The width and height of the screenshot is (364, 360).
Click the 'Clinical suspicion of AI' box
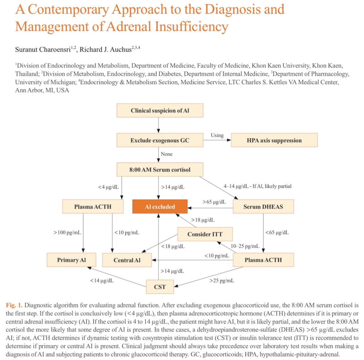coord(160,110)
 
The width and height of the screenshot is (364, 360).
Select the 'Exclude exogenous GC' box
coord(160,140)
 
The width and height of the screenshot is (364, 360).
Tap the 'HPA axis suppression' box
coord(274,140)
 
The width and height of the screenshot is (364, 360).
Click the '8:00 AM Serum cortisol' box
coord(160,170)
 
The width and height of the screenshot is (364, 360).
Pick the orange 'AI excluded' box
coord(160,207)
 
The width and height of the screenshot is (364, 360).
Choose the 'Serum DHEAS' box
coord(263,207)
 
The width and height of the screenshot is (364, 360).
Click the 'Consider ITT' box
coord(205,234)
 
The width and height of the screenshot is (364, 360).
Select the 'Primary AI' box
coord(71,260)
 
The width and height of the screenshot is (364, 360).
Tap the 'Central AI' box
coord(127,260)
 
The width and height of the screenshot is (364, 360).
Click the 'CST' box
coord(160,287)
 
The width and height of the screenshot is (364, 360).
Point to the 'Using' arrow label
coord(217,135)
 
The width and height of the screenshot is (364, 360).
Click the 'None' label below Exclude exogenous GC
coord(167,154)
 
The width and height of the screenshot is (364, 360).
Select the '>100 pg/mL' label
coord(67,233)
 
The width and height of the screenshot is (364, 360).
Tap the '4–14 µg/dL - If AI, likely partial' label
coord(258,186)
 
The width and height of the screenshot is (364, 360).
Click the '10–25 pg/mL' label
coord(245,246)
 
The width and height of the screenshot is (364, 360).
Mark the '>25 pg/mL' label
coord(222,280)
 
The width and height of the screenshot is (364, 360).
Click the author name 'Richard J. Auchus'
coord(105,49)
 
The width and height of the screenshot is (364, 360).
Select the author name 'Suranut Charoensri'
coord(43,49)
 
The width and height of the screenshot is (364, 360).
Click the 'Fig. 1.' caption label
coord(14,305)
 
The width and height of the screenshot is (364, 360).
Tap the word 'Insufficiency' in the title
coord(191,26)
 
